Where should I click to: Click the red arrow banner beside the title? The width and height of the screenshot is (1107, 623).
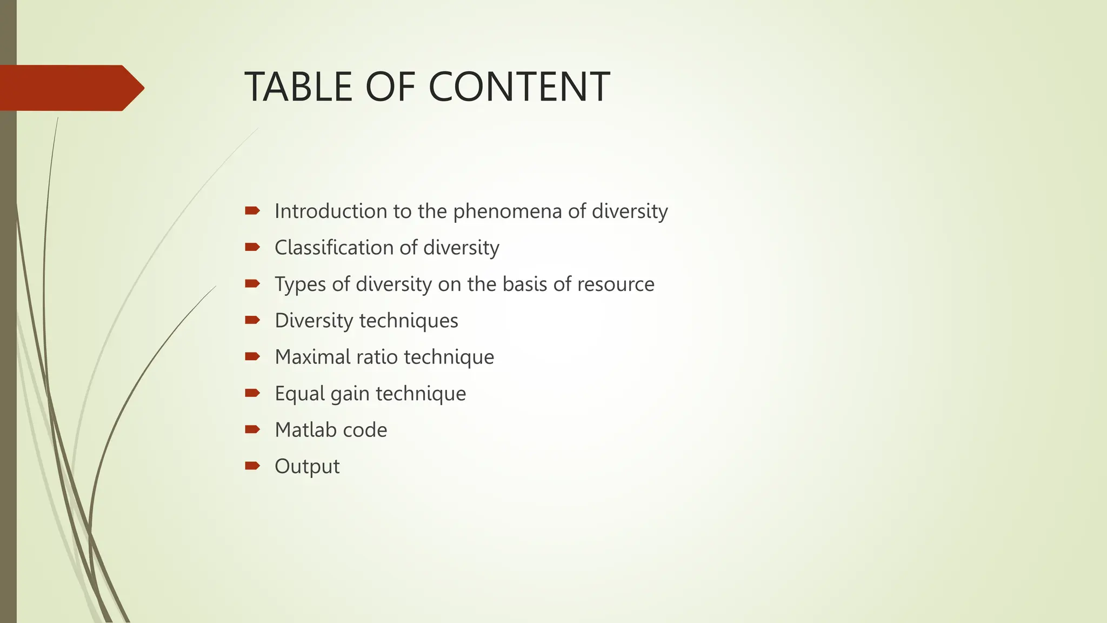coord(70,88)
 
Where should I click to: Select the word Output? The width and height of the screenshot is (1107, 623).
coord(307,467)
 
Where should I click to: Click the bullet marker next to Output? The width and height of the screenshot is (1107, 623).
coord(252,466)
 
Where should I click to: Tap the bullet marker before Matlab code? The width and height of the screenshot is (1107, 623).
coord(252,429)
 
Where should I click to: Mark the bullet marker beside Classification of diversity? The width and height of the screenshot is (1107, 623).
coord(252,247)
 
